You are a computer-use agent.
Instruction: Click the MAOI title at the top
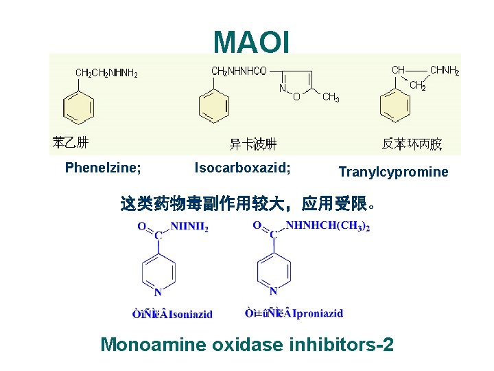click(x=252, y=41)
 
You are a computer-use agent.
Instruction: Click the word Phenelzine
click(x=103, y=167)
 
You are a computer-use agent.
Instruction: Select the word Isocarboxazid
click(x=242, y=167)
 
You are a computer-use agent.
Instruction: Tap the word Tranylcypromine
click(x=393, y=172)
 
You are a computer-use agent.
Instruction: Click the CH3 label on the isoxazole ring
click(x=330, y=98)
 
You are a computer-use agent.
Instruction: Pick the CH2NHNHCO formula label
click(x=239, y=71)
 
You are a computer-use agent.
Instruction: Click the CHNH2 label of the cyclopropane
click(x=444, y=71)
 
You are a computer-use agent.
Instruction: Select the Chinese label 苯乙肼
click(x=71, y=143)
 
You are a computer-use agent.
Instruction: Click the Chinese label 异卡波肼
click(x=252, y=144)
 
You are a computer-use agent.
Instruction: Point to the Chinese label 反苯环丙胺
click(x=412, y=144)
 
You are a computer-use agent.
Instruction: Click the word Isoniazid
click(x=191, y=314)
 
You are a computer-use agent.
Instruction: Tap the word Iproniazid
click(x=318, y=313)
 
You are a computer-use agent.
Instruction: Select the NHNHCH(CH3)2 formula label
click(x=328, y=226)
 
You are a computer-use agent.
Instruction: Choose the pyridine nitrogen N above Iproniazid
click(x=273, y=291)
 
